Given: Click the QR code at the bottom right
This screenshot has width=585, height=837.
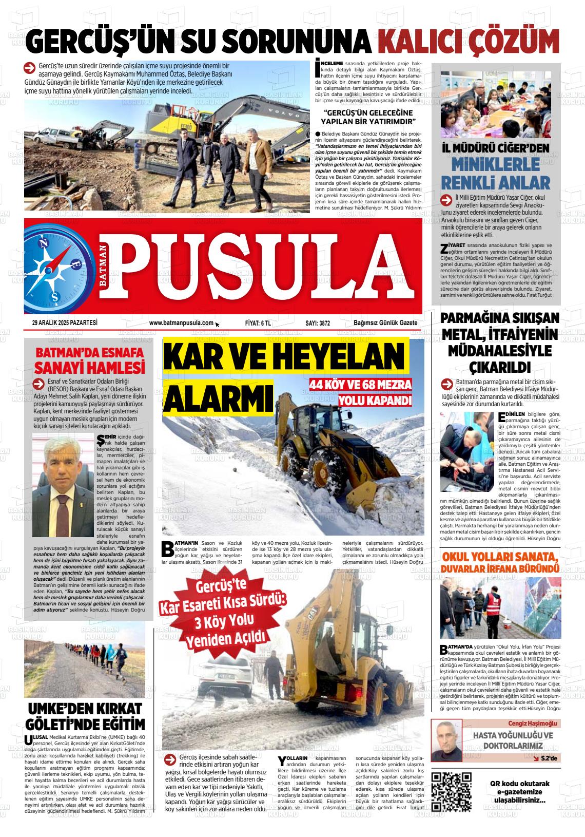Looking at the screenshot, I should point(452,791).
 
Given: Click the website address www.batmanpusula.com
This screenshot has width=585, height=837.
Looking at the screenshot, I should point(181,322).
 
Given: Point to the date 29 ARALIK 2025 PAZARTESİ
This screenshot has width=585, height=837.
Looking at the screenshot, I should point(65,322).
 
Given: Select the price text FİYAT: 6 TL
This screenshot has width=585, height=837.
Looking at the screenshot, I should point(258,323).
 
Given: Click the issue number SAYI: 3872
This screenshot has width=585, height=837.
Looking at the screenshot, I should point(318,323).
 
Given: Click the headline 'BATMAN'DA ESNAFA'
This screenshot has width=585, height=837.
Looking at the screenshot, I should point(90,353).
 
